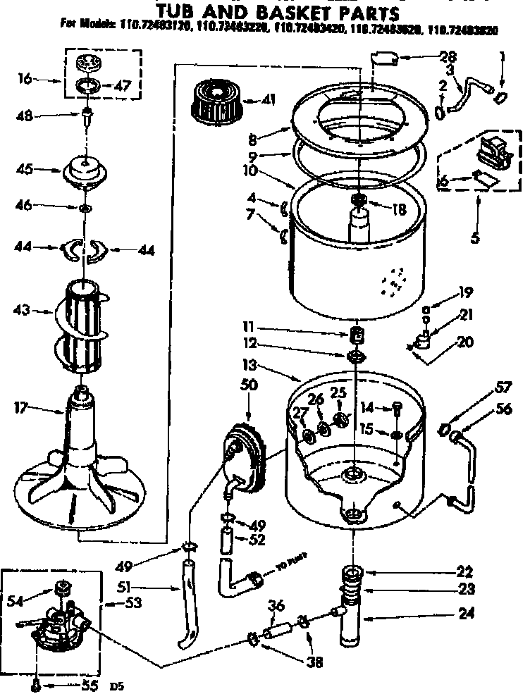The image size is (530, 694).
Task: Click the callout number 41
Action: pyautogui.click(x=267, y=99)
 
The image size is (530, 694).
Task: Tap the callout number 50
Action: pyautogui.click(x=249, y=386)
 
